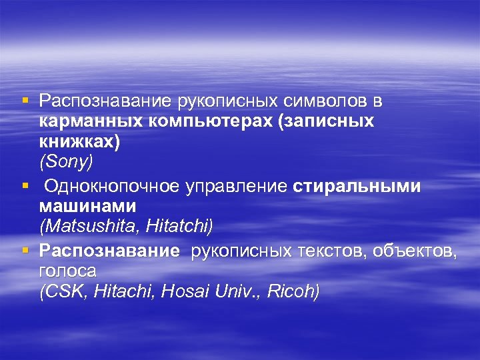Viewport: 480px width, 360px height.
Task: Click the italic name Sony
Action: click(67, 163)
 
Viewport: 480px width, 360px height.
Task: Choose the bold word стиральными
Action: click(357, 187)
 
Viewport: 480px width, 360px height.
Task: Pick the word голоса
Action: click(67, 271)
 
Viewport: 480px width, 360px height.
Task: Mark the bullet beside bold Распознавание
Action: click(25, 251)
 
